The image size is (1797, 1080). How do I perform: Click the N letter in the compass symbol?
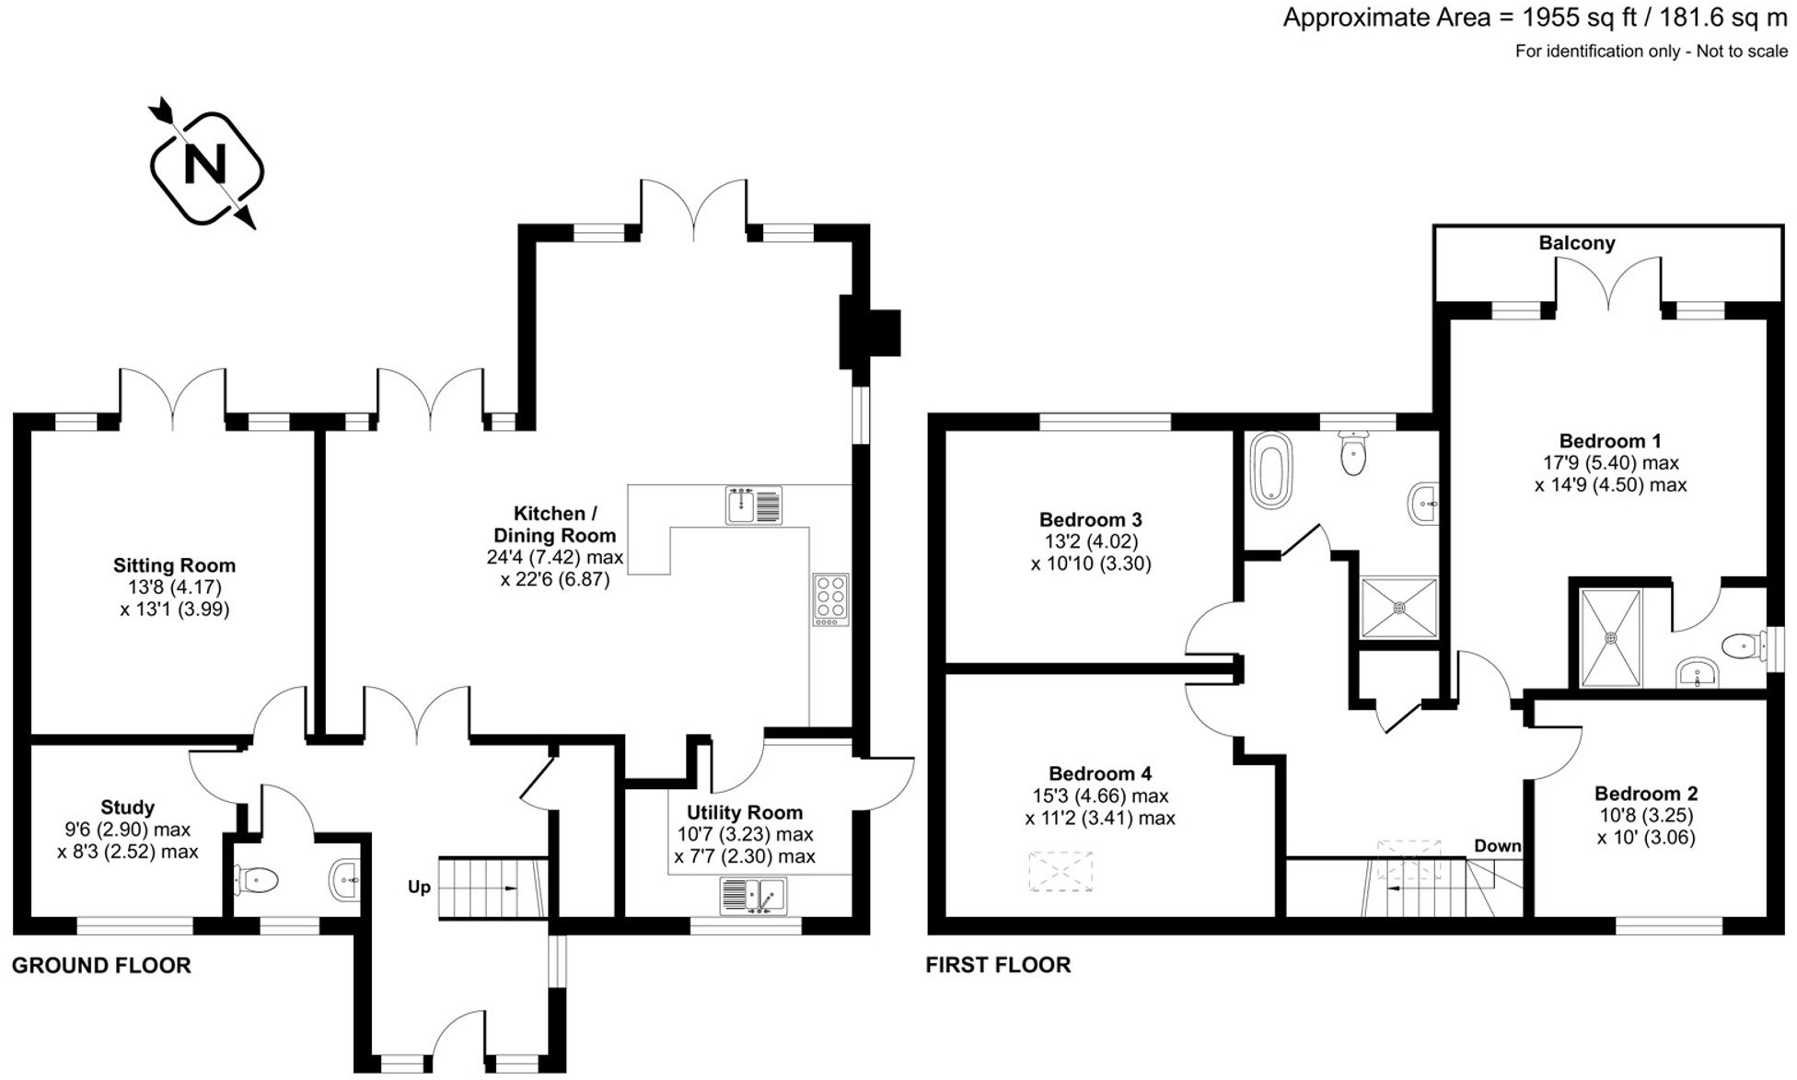pos(205,166)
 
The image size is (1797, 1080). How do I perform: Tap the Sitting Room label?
pos(174,565)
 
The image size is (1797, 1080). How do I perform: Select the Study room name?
pos(128,807)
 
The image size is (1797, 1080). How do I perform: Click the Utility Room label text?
pos(744,812)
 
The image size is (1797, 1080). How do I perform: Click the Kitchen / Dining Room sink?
pos(753,505)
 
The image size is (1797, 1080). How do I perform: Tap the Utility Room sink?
pos(753,895)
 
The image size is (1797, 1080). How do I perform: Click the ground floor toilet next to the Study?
pos(257,880)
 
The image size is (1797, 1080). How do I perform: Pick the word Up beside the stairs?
pos(419,888)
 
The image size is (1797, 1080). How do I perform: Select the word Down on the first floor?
pos(1497,845)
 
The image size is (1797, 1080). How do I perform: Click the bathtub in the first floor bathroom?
pos(1271,470)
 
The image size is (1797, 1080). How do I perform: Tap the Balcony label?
pos(1577,243)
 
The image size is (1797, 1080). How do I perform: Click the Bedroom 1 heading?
pos(1609,440)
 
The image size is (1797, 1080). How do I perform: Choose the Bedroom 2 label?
pos(1646,793)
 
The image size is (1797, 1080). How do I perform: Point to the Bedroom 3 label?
pos(1091,519)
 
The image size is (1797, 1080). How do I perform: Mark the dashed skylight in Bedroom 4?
pos(1061,871)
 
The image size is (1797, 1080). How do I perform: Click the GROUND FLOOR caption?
pos(101,965)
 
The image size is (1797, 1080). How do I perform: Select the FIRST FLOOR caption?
pos(998,965)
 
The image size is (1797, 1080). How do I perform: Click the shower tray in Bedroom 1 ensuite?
pos(1610,637)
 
